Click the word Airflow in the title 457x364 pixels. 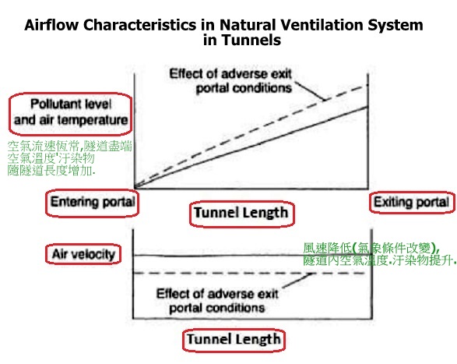(51, 25)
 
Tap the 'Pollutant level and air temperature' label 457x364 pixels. (71, 112)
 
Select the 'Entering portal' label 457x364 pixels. (93, 202)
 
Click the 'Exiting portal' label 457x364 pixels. (412, 202)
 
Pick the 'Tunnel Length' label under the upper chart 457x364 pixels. (241, 213)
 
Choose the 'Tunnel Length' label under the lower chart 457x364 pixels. (234, 339)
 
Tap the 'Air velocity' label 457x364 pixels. (83, 254)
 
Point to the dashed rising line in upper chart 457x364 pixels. (251, 136)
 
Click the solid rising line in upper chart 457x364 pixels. (251, 147)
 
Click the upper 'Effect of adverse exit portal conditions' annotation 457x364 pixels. (230, 81)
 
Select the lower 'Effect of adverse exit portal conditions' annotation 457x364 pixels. (217, 301)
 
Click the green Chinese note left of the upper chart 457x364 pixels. (69, 158)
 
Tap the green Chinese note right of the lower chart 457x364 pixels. (379, 254)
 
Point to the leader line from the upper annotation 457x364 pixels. (310, 91)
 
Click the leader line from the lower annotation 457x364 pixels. (297, 281)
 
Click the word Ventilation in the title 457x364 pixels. (321, 25)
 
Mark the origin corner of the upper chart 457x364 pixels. (135, 189)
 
